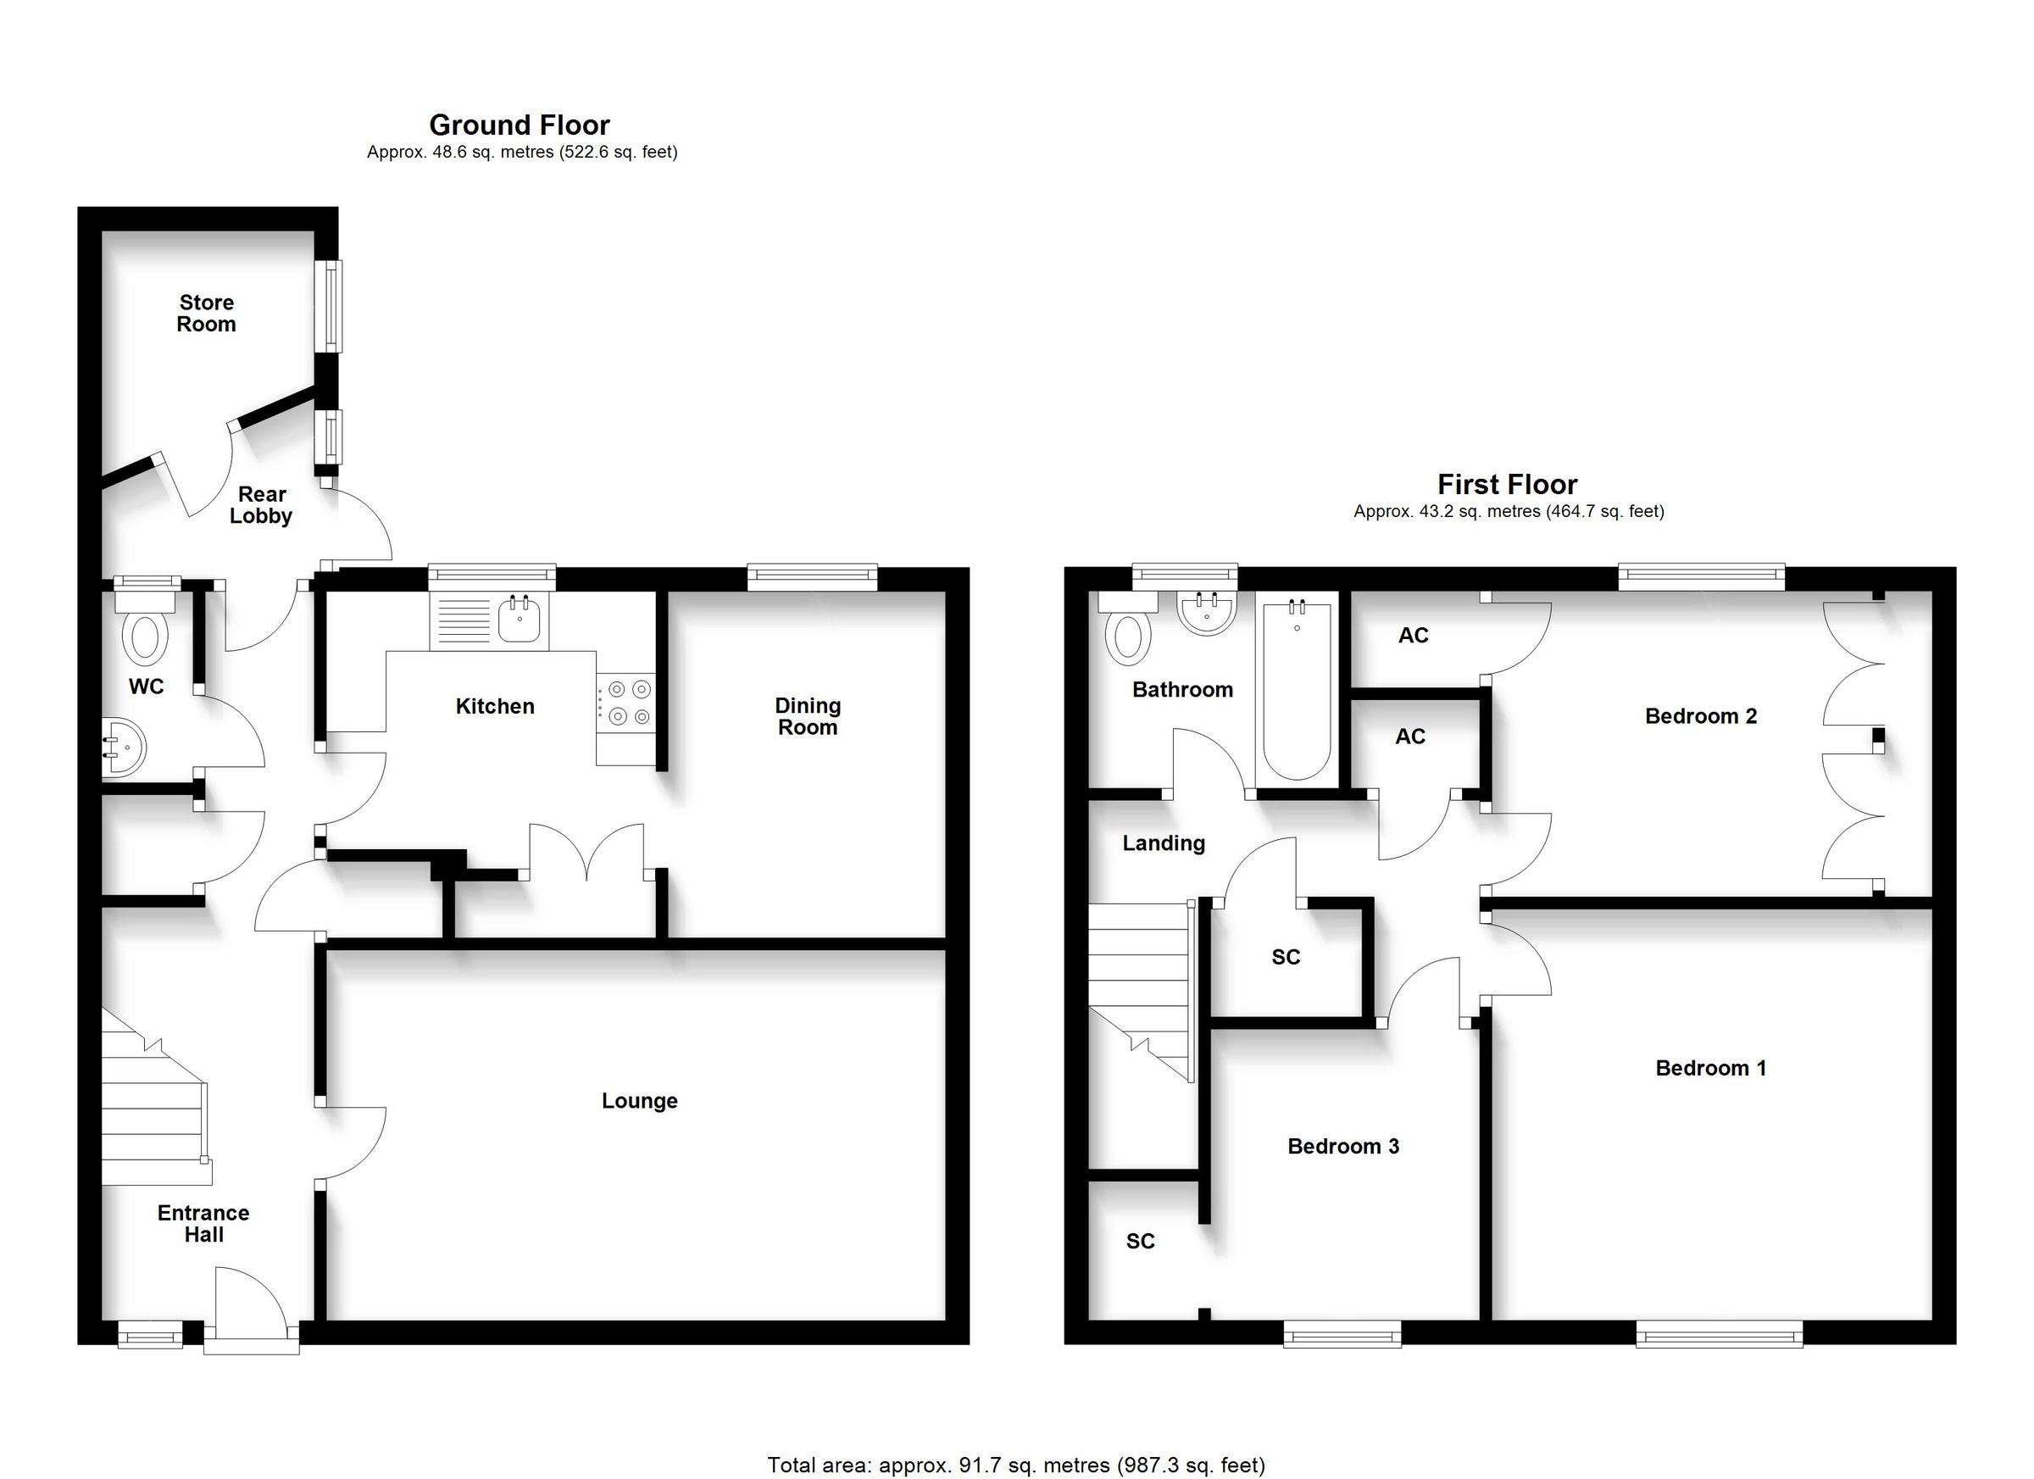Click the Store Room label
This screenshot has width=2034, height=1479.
pyautogui.click(x=206, y=314)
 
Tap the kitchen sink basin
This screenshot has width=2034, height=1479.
pyautogui.click(x=520, y=619)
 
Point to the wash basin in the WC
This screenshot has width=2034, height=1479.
pyautogui.click(x=124, y=746)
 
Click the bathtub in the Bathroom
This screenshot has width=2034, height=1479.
pyautogui.click(x=1296, y=691)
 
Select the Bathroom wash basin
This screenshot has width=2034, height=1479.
pyautogui.click(x=1206, y=614)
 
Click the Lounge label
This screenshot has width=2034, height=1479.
pyautogui.click(x=639, y=1100)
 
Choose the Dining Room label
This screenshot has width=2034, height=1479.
pyautogui.click(x=807, y=717)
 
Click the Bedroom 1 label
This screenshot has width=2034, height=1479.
pyautogui.click(x=1710, y=1067)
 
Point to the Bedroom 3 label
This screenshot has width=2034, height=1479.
pyautogui.click(x=1342, y=1145)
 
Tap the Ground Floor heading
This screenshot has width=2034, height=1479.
pyautogui.click(x=520, y=125)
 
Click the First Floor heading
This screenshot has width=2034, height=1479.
pyautogui.click(x=1507, y=484)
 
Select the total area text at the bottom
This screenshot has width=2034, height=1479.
pyautogui.click(x=1015, y=1465)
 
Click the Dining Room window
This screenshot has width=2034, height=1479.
pyautogui.click(x=812, y=575)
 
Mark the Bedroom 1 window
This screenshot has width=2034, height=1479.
pyautogui.click(x=1719, y=1337)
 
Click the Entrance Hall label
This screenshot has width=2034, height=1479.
pyautogui.click(x=203, y=1223)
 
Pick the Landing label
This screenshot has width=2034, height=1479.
pyautogui.click(x=1163, y=843)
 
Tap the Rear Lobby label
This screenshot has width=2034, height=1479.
pyautogui.click(x=261, y=505)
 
